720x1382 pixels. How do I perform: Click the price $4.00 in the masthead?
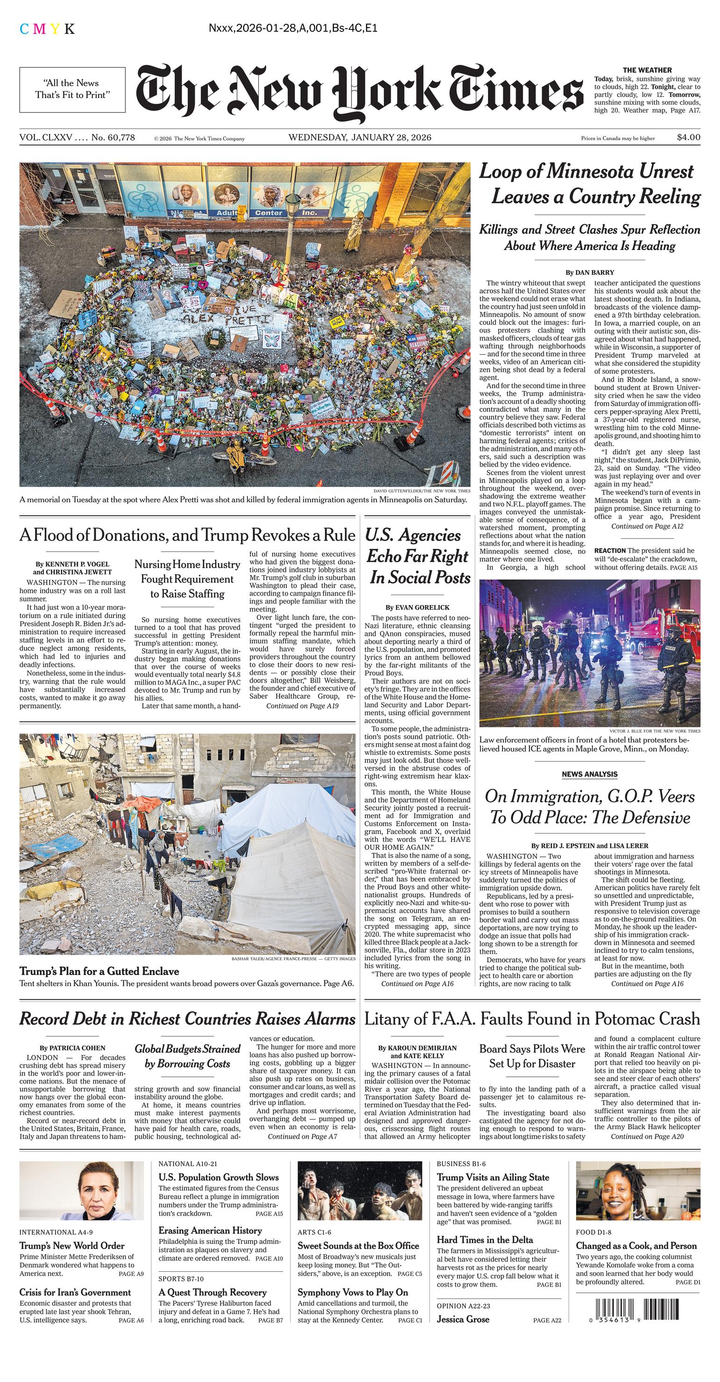688,137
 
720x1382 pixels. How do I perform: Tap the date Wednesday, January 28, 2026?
360,137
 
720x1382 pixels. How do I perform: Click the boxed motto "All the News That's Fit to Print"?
72,89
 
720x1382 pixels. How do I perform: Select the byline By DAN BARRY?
590,272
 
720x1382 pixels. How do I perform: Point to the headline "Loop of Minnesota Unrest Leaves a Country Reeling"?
590,184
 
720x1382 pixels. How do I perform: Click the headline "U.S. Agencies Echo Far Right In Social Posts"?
417,556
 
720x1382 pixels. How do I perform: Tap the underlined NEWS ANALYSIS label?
589,774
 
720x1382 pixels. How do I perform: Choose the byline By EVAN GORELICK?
417,607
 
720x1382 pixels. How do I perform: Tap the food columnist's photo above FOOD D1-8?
638,1190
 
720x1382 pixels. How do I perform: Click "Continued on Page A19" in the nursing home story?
303,706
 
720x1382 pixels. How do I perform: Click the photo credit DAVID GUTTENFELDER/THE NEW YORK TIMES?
421,491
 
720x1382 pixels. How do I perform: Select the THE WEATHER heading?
647,70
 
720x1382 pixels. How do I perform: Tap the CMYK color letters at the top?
47,29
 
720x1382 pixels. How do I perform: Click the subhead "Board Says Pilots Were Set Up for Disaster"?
532,1056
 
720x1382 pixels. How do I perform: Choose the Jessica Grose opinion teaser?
463,1319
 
